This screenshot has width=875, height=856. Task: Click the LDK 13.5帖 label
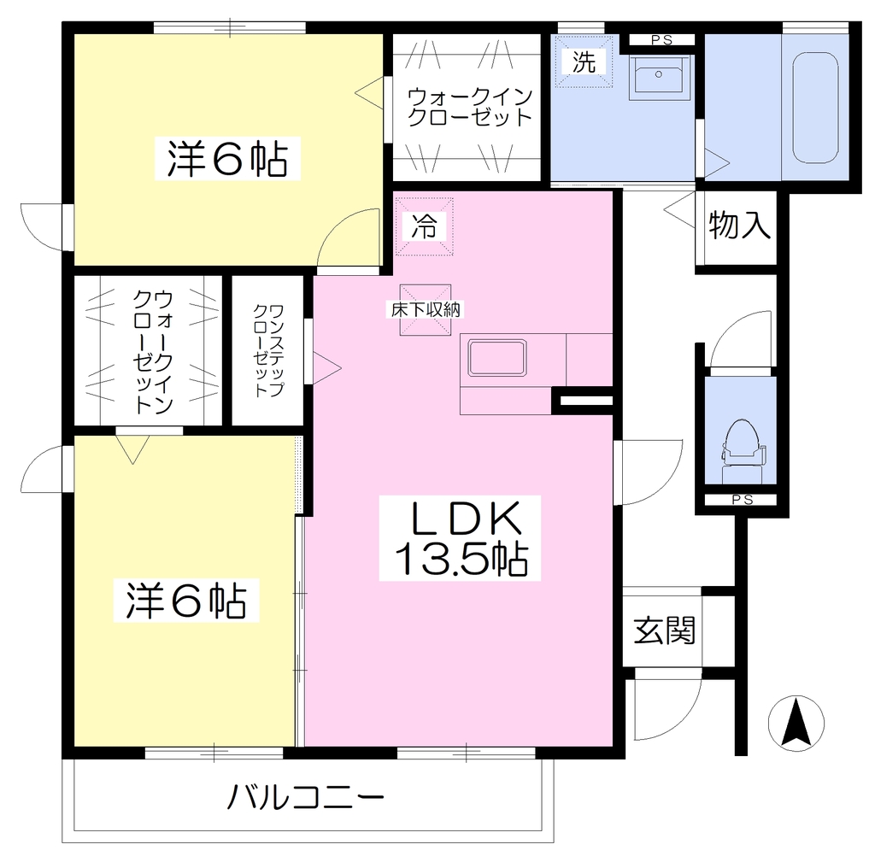[459, 538]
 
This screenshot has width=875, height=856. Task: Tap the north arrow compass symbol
[796, 724]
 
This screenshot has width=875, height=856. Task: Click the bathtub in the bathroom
[815, 108]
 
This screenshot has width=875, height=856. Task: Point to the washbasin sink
[659, 77]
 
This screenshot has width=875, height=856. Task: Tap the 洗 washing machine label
[584, 62]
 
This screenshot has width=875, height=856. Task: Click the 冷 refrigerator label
[424, 226]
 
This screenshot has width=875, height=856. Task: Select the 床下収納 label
[426, 309]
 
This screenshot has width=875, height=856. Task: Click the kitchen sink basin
[496, 357]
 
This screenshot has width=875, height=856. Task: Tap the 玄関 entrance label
[664, 630]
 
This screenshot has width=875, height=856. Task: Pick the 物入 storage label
[739, 225]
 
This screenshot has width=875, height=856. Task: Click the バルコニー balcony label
[306, 797]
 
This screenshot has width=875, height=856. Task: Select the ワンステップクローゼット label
[268, 350]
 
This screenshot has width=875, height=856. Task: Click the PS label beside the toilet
[743, 500]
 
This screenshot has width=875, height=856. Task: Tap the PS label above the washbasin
[661, 39]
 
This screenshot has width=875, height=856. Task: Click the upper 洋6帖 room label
[227, 159]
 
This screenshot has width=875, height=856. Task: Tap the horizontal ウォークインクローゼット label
[470, 107]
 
